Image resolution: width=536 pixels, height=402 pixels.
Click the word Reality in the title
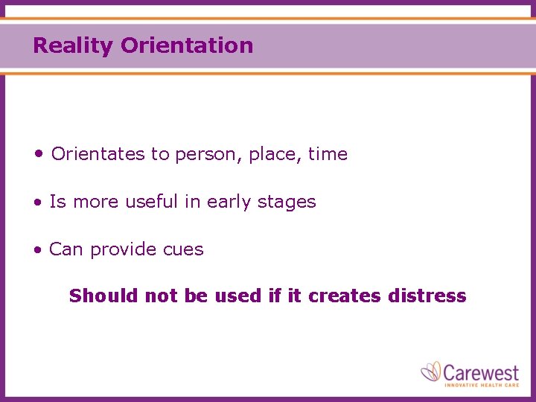tap(73, 46)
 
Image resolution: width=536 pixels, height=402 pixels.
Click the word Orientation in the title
tap(186, 46)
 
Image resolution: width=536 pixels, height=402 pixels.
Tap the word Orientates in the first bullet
tap(98, 154)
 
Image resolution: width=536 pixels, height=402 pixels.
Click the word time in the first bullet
tap(328, 154)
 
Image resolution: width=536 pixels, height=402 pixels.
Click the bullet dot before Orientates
tap(38, 154)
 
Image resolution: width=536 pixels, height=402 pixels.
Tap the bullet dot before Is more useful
tap(37, 202)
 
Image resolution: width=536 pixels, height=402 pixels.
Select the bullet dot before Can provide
tap(37, 250)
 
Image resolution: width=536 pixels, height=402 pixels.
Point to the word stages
tap(289, 202)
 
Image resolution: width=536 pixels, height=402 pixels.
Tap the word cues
tap(183, 249)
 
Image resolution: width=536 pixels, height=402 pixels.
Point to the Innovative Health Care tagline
tap(481, 384)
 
